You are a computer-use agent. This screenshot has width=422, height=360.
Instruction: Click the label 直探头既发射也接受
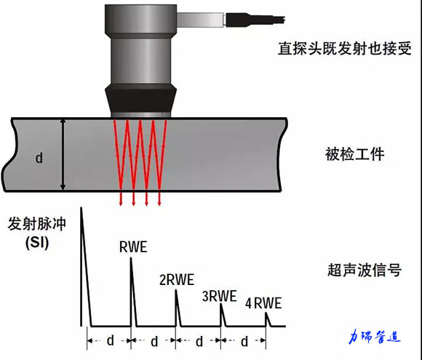point(344,49)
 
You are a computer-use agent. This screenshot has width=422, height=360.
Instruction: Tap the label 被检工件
point(354,154)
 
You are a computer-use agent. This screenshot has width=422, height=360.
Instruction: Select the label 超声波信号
point(365,270)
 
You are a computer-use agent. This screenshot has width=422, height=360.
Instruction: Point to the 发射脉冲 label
point(37,223)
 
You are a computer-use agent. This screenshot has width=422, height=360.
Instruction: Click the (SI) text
point(37,243)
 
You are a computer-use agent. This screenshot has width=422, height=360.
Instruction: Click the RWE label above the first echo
point(133,247)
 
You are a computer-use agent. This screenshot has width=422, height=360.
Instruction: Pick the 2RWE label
point(177,280)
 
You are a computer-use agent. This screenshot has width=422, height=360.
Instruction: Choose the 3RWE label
point(219,296)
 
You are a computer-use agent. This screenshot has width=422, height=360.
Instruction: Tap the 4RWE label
point(263,303)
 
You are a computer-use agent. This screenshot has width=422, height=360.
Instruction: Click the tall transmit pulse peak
point(81,209)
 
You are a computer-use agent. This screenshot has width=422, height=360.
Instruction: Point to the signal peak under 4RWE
point(266,313)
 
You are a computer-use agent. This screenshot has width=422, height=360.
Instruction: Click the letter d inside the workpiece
point(39,158)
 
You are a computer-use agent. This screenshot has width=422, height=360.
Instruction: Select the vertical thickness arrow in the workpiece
point(63,154)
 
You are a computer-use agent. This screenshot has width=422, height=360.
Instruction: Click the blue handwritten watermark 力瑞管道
point(375,337)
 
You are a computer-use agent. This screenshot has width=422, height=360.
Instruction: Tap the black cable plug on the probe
point(255,20)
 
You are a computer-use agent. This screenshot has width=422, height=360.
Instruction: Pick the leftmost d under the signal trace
point(110,341)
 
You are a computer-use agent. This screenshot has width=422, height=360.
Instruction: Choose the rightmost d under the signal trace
point(244,342)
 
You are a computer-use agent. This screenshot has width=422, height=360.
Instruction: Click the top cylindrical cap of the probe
point(140,20)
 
